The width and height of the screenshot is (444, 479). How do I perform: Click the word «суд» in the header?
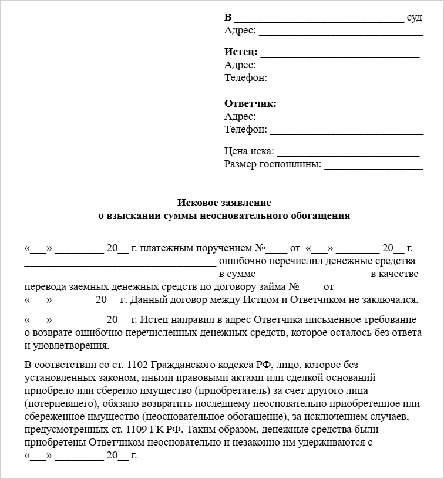click(415, 17)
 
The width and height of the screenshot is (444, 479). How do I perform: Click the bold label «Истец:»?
click(241, 52)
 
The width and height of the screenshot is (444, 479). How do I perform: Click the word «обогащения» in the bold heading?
click(320, 215)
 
